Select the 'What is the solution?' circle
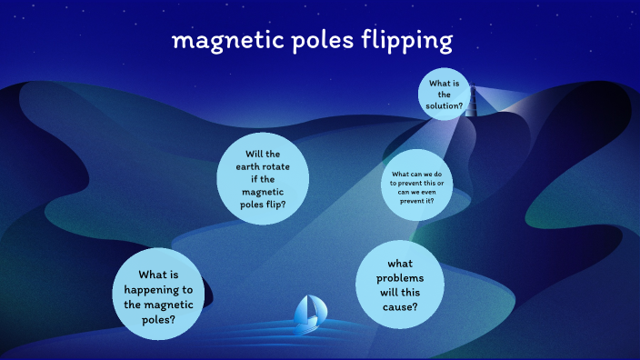[445, 94]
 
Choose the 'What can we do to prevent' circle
[417, 185]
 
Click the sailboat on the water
[310, 314]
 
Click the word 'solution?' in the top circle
[445, 105]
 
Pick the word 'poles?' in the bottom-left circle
[158, 320]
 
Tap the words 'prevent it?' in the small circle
[417, 200]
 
